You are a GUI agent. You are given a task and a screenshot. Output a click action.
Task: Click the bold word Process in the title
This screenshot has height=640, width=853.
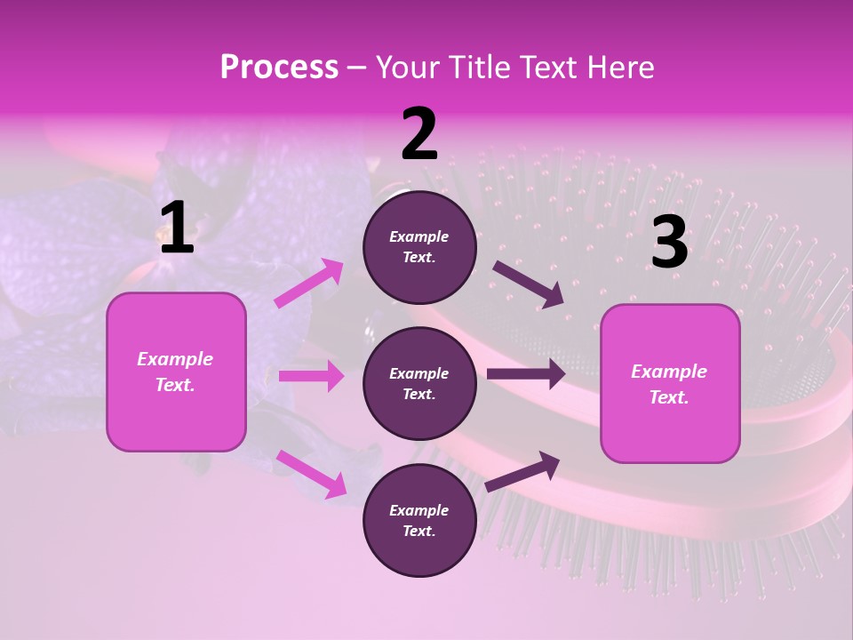click(x=279, y=68)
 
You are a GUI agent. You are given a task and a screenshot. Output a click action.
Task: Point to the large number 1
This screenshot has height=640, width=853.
click(x=177, y=228)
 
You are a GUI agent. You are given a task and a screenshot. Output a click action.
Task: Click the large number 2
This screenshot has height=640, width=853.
click(x=419, y=134)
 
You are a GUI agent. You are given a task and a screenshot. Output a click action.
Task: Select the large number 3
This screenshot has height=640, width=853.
click(x=669, y=242)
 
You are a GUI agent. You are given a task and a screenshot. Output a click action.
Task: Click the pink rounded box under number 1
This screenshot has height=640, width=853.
click(x=176, y=372)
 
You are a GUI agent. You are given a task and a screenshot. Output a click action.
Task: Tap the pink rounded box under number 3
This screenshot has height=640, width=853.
click(x=670, y=383)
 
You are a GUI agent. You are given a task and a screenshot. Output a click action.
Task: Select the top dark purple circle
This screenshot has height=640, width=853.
click(x=419, y=247)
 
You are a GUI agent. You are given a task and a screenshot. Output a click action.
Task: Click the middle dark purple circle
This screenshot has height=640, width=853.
click(x=419, y=383)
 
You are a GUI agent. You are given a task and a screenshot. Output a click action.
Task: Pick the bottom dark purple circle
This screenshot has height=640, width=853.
click(x=419, y=520)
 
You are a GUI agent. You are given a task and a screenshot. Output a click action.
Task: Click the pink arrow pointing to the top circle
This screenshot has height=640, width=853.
click(x=309, y=284)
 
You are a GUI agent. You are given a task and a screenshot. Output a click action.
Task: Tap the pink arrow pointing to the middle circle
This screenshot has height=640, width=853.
click(x=311, y=376)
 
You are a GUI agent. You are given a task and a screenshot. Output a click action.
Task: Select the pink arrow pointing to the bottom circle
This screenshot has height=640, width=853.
click(x=311, y=474)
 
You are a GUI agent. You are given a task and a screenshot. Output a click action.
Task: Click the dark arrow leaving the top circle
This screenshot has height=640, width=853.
click(x=529, y=284)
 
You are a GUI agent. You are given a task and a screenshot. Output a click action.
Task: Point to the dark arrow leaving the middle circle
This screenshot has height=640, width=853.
click(x=526, y=373)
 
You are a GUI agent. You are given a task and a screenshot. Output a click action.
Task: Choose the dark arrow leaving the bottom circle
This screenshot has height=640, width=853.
click(x=522, y=471)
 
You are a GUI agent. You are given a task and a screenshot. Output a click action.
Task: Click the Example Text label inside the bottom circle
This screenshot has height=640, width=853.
click(x=419, y=520)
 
